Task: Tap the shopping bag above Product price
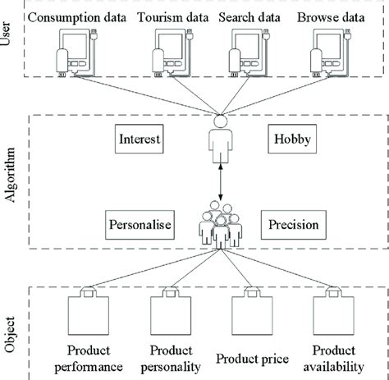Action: (x=250, y=314)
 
